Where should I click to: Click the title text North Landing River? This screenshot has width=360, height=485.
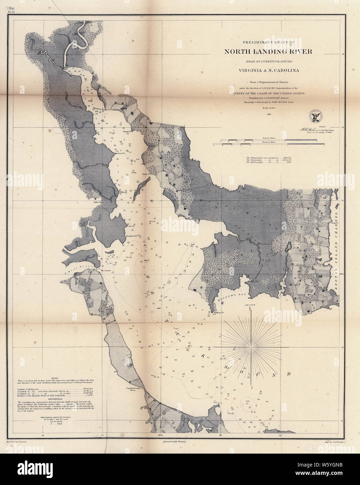point(268,52)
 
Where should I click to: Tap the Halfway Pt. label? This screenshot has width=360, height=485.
point(212,313)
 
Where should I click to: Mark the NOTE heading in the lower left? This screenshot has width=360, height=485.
point(54,378)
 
